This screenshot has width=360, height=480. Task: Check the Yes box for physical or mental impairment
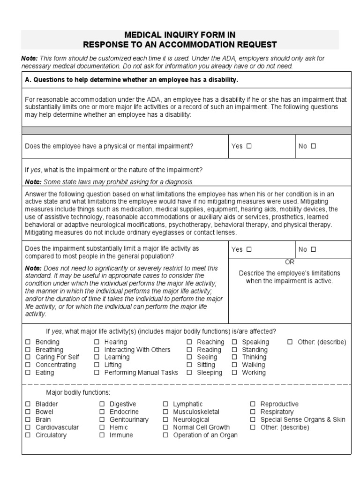tap(249, 146)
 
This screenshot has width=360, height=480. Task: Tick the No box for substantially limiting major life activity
tap(313, 249)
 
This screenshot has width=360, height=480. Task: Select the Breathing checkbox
tap(28, 350)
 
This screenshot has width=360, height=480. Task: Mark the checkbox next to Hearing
tap(97, 342)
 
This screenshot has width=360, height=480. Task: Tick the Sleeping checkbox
tap(189, 373)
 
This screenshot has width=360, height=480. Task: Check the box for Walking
tap(234, 365)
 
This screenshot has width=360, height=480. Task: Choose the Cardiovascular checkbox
tap(28, 427)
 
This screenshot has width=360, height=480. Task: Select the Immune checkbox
tap(102, 435)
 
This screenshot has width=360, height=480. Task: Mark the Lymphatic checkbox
tap(166, 404)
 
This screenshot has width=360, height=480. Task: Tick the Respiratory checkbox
tap(253, 412)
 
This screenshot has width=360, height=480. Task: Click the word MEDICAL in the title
tap(142, 35)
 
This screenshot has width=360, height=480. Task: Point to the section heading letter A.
tap(27, 80)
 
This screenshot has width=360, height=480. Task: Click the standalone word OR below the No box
tap(290, 262)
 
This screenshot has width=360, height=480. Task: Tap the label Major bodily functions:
tap(78, 392)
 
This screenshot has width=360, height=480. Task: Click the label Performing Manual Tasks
tap(141, 373)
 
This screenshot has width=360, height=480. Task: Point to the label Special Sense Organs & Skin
tap(303, 420)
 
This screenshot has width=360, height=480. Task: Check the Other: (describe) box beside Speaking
tap(290, 342)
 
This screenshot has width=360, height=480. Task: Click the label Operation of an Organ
tap(205, 435)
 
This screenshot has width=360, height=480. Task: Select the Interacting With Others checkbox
tap(97, 350)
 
